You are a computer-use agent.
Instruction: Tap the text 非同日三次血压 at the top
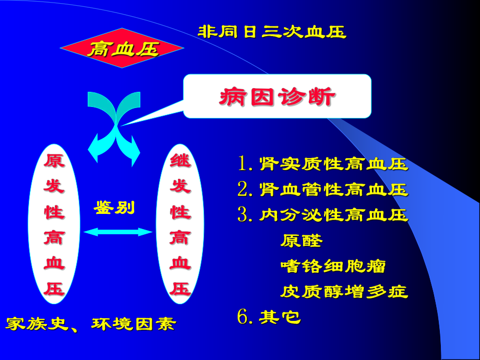(272, 32)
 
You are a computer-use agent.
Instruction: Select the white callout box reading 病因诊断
(277, 96)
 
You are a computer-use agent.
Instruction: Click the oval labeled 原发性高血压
(54, 224)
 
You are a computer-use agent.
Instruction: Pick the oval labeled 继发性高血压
(180, 224)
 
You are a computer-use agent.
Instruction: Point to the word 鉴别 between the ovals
(114, 208)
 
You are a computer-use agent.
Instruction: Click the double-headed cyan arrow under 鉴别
(118, 232)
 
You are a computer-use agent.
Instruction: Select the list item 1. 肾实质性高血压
(323, 164)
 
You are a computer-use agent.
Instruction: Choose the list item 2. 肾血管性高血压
(323, 189)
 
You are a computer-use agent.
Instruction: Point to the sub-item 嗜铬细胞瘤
(333, 266)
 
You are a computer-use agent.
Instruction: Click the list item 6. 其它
(270, 317)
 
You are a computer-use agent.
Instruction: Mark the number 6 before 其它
(243, 317)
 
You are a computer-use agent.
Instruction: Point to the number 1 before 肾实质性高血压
(243, 164)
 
